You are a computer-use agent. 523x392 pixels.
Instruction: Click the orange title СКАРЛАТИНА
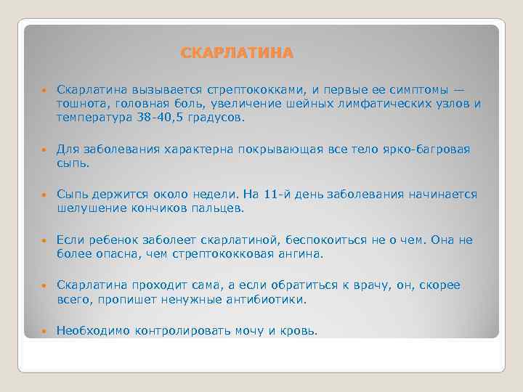click(x=238, y=54)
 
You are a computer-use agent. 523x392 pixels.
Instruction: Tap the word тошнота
click(x=82, y=104)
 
